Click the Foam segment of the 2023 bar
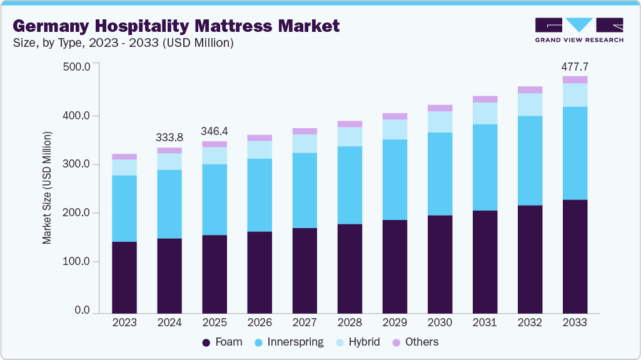click(124, 277)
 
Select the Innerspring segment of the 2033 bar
click(575, 153)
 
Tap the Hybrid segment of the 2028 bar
click(350, 137)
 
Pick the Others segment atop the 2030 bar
click(440, 108)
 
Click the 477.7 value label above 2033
click(575, 66)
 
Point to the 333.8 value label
click(169, 137)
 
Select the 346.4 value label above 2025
click(215, 131)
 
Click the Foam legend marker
click(206, 342)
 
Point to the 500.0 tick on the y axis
click(77, 66)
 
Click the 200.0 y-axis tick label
click(77, 213)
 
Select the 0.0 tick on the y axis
click(83, 311)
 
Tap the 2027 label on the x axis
click(305, 322)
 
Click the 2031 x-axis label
click(485, 322)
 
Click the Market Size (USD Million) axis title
click(48, 187)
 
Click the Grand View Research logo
click(578, 29)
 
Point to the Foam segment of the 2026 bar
click(260, 272)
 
